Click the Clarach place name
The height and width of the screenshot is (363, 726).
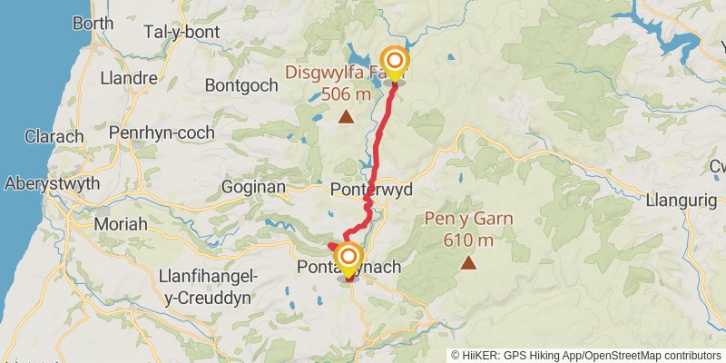tap(54, 137)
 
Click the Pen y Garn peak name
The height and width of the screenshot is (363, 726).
tap(468, 219)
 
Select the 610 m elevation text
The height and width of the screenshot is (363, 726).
tap(468, 240)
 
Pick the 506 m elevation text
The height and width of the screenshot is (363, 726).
tap(346, 93)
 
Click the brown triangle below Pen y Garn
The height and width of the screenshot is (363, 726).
tap(468, 263)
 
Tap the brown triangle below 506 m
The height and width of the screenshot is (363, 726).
tap(346, 116)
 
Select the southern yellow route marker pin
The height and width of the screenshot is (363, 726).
tap(348, 259)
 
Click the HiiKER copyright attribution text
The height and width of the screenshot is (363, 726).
tap(585, 355)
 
